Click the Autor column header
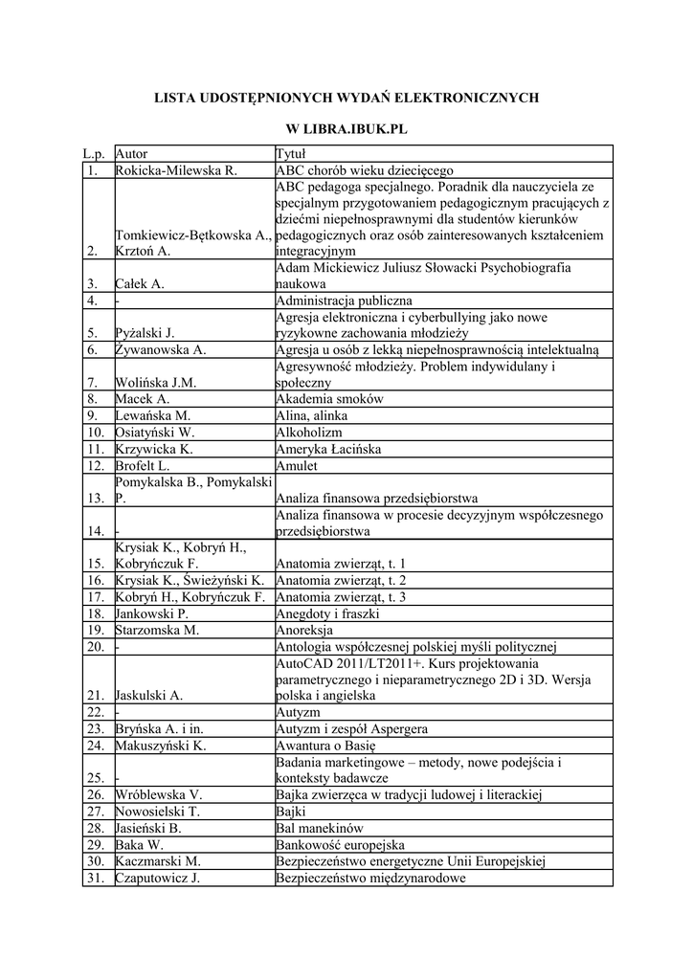point(131,153)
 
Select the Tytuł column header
point(290,153)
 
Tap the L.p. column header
point(94,153)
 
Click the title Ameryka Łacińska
point(328,449)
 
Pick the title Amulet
point(297,466)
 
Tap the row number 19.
point(95,630)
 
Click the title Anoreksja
point(304,630)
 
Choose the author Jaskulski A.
point(148,696)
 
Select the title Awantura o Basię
point(326,746)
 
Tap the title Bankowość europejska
point(340,845)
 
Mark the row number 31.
point(95,878)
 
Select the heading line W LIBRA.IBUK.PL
point(346,127)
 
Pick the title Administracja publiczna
point(344,301)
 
